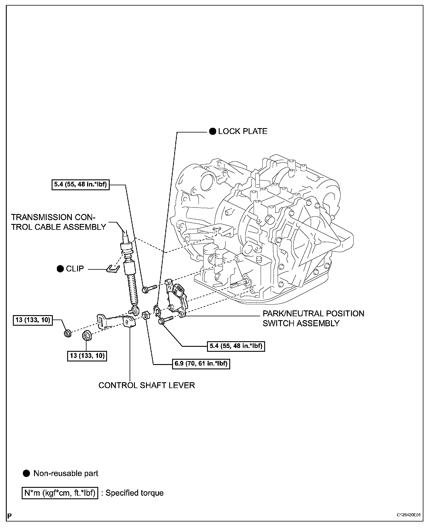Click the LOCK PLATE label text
coord(242,131)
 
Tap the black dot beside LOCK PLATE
coord(213,132)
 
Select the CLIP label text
coord(75,269)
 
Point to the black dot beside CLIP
coord(60,269)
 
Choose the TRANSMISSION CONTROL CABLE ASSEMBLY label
coord(58,222)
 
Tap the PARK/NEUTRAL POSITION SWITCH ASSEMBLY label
coord(313,318)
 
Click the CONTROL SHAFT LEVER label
coord(147,385)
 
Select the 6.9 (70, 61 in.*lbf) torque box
coord(201,364)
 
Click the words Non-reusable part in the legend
coord(66,473)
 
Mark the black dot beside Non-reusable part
coord(27,473)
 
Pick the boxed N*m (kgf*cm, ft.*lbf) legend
coord(60,493)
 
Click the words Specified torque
coord(134,493)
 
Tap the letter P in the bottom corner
coord(10,516)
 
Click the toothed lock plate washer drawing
coord(157,310)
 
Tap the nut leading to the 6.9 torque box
coord(146,316)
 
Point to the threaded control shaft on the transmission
coord(239,283)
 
